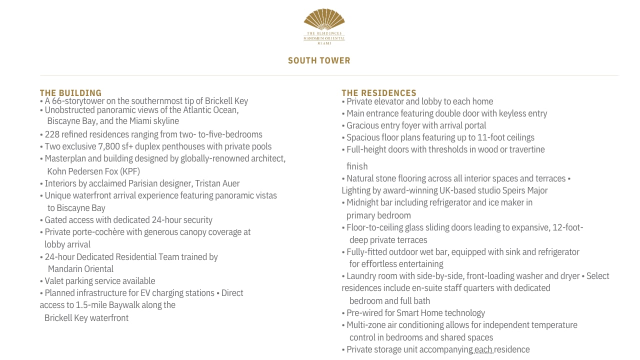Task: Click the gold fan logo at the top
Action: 324,20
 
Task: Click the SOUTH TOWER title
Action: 319,60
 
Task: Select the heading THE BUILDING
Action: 70,93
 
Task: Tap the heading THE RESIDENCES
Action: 378,93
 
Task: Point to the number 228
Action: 51,134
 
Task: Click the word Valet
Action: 55,281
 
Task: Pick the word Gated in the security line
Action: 55,220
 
